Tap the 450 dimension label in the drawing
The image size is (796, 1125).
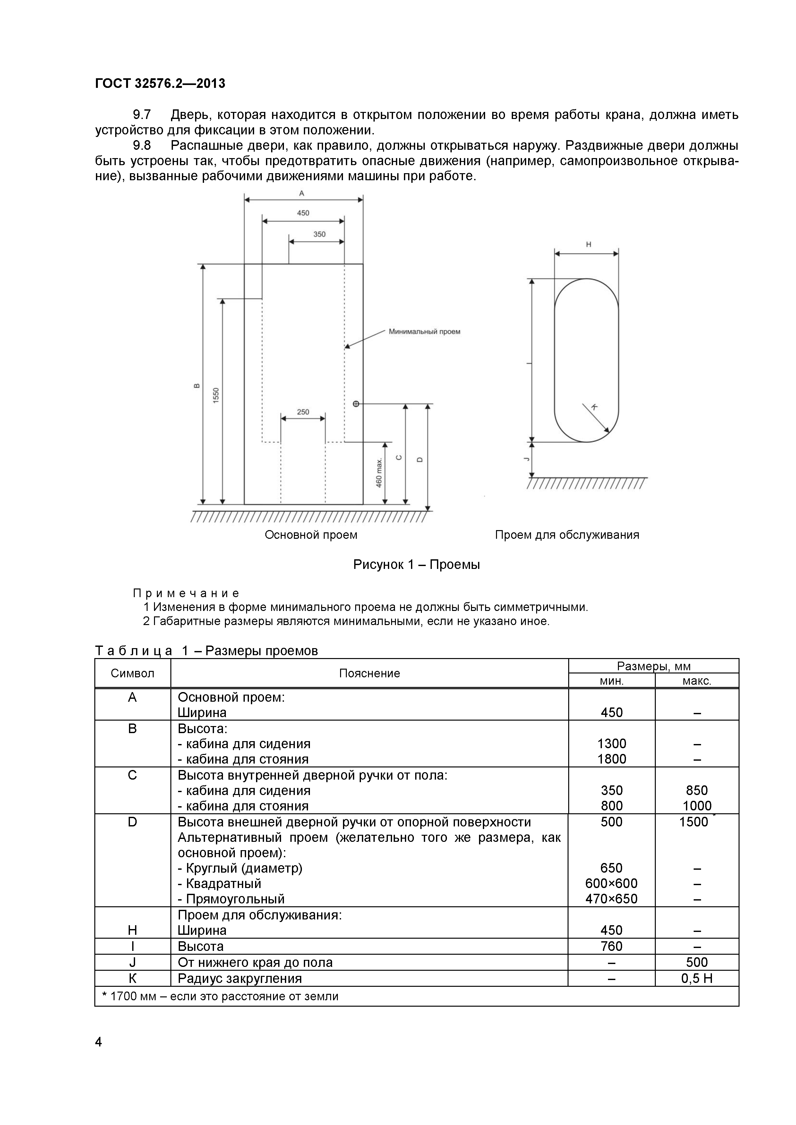(x=303, y=213)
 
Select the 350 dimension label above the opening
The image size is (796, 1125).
(x=319, y=234)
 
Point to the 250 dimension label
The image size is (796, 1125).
(x=303, y=411)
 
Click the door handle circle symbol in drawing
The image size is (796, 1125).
(x=356, y=404)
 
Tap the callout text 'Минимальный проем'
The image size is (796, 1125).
(x=424, y=332)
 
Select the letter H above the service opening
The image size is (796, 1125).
(x=588, y=244)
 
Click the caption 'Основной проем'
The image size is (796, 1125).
(x=311, y=535)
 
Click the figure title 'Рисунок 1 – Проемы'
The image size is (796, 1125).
(x=416, y=564)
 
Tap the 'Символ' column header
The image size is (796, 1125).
(x=132, y=673)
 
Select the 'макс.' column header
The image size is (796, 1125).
(x=697, y=681)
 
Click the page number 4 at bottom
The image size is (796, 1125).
(x=98, y=1042)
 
